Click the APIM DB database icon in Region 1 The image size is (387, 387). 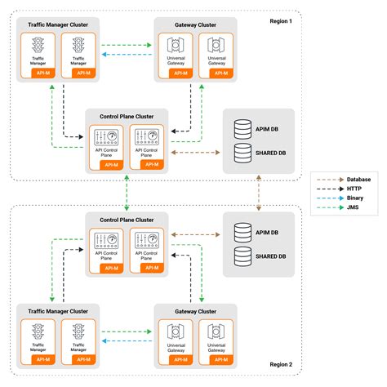click(242, 129)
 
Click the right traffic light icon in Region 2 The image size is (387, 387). click(80, 333)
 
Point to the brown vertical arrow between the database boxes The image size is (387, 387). click(259, 189)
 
